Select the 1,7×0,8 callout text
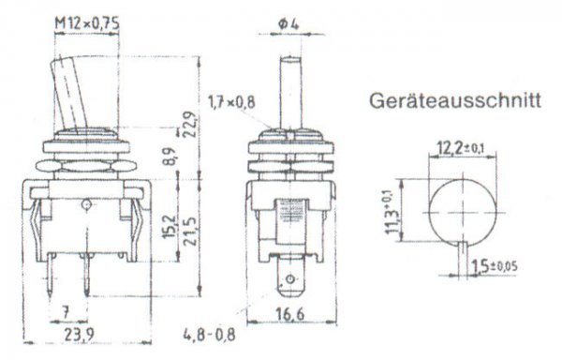[x=231, y=100]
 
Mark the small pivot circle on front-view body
[x=86, y=203]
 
